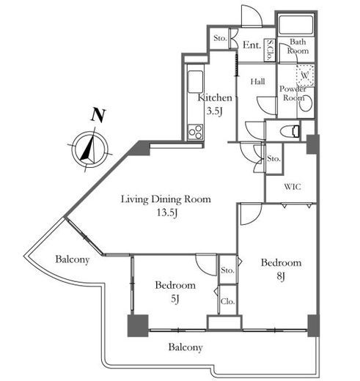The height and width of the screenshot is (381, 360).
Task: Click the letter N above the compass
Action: (98, 115)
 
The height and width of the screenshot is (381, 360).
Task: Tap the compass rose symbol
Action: (89, 149)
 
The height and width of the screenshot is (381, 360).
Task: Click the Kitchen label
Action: (215, 97)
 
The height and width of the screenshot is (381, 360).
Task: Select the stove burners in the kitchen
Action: (195, 132)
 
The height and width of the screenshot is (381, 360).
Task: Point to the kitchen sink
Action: (195, 82)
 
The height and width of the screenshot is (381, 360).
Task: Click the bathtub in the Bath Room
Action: (296, 25)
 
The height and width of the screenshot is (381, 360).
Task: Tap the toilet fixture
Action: (290, 131)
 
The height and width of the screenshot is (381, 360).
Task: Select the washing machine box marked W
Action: (305, 75)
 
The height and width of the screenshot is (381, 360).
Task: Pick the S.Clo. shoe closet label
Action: (270, 50)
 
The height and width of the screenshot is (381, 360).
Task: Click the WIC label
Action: (293, 187)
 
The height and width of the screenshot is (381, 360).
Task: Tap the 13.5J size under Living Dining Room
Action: (167, 213)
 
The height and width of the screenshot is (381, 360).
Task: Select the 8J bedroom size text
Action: (281, 276)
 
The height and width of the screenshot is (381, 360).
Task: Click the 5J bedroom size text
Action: (175, 299)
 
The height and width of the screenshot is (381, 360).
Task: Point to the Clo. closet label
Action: (227, 302)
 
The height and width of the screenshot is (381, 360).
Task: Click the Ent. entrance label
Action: (251, 45)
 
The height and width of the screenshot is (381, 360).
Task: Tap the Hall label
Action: (258, 81)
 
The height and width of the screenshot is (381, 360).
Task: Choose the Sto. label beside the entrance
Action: (220, 38)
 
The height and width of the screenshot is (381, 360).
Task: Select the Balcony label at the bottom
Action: (185, 347)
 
